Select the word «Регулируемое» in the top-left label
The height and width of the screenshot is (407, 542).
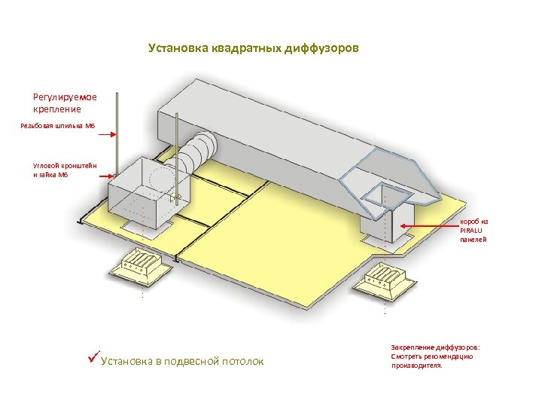tap(65, 96)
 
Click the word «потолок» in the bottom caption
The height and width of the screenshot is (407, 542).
tap(243, 362)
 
